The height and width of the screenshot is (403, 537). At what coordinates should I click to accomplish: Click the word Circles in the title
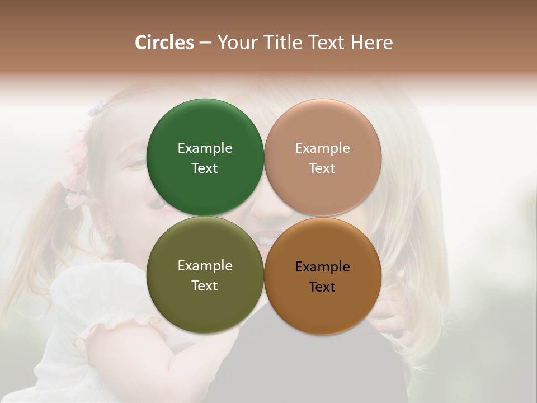[x=164, y=43]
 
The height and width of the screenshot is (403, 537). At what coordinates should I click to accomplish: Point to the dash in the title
[x=205, y=43]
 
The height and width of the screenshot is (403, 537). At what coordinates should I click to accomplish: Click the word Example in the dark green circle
[x=205, y=148]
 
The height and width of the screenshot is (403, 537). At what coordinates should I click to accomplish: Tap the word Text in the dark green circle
[x=205, y=168]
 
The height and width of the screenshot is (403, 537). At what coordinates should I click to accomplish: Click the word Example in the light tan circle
[x=322, y=148]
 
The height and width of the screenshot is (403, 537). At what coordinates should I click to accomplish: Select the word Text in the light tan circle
[x=322, y=168]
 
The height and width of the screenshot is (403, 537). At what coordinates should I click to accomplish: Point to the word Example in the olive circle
[x=205, y=265]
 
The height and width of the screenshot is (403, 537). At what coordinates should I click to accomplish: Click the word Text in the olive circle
[x=205, y=285]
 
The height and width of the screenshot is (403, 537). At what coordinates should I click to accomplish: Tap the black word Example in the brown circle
[x=322, y=266]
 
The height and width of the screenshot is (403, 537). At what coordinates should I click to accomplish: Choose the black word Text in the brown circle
[x=322, y=287]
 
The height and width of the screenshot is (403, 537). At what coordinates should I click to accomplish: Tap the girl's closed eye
[x=134, y=163]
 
